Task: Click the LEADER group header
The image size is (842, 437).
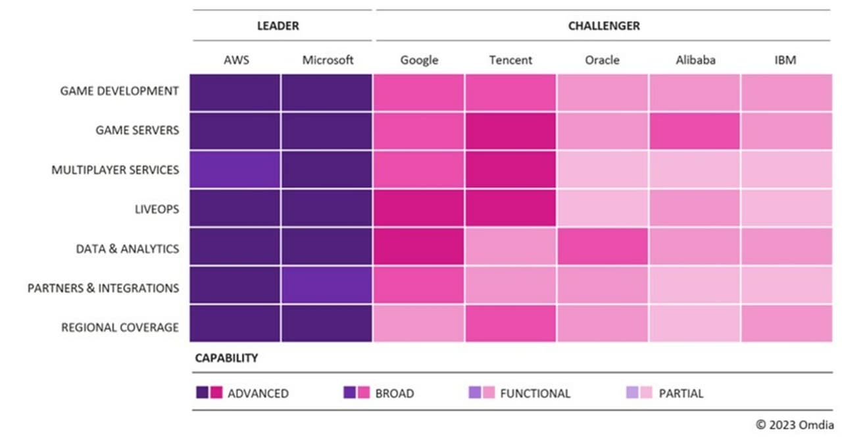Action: point(278,26)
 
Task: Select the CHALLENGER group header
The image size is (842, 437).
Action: point(603,26)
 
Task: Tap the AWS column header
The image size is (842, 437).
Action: point(235,60)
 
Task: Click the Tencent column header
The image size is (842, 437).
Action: point(510,60)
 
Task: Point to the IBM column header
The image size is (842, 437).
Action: point(785,60)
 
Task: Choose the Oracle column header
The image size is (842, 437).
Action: point(602,60)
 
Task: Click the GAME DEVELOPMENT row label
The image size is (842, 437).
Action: point(119,91)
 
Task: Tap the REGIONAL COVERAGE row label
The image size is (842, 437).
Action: point(120,327)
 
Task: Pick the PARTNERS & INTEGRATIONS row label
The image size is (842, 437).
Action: point(103,288)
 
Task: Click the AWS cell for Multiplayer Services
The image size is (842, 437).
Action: point(235,170)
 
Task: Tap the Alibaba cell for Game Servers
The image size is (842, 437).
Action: point(695,130)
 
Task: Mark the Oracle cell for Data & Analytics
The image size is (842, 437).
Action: point(603,247)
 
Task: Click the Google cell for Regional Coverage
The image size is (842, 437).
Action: point(419,324)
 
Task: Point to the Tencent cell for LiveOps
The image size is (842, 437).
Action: point(510,209)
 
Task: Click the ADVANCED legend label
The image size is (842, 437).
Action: point(258,394)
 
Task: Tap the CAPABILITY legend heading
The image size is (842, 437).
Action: point(226,359)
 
